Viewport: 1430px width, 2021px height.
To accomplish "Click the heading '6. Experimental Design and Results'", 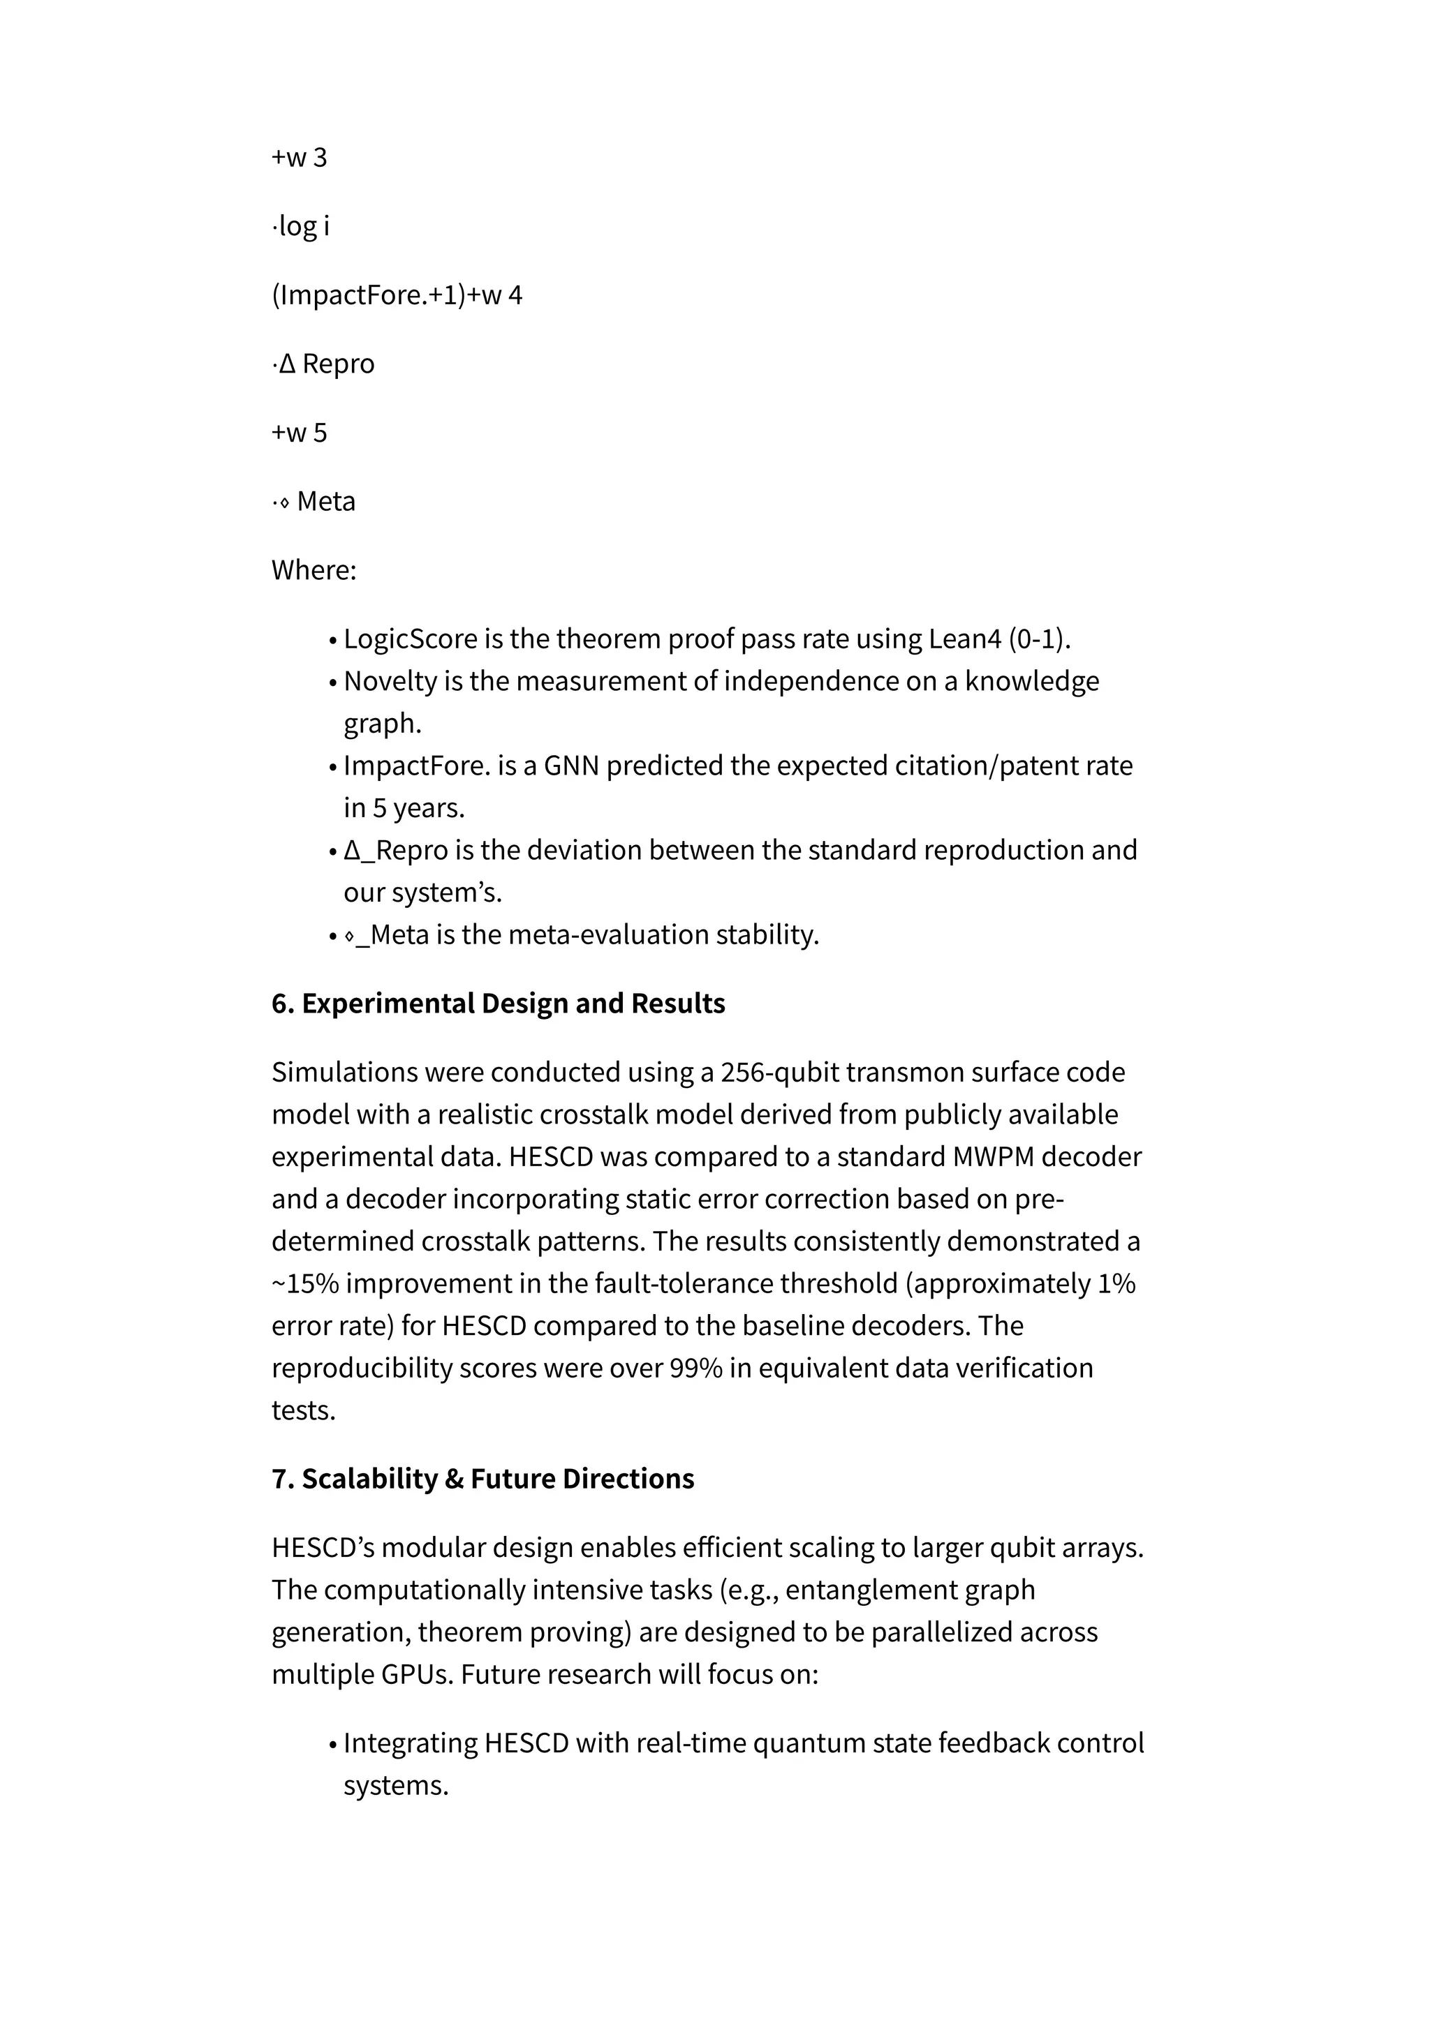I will click(498, 1004).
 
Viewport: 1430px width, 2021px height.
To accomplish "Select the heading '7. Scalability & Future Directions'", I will click(482, 1479).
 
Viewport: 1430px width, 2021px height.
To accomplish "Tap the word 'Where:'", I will click(314, 570).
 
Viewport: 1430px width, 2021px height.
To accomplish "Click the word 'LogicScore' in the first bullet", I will click(411, 639).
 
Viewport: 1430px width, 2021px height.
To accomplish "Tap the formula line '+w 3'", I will click(300, 158).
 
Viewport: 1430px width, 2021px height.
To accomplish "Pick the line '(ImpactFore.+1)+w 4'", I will click(396, 295).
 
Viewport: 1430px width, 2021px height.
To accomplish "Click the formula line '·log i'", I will click(300, 226).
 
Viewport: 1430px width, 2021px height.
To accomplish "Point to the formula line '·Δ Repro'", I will click(323, 364).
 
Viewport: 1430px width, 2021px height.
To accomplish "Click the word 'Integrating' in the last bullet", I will click(411, 1743).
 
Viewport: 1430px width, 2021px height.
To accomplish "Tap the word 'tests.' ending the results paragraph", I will click(304, 1410).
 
